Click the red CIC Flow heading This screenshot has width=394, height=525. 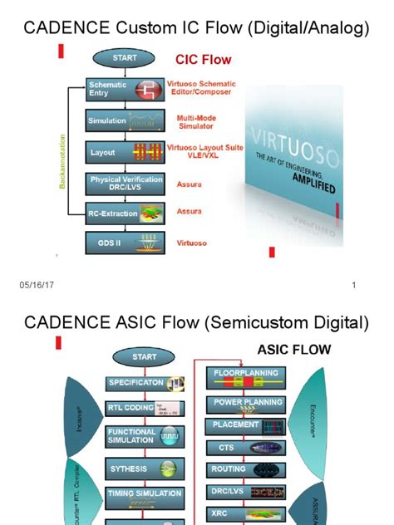203,61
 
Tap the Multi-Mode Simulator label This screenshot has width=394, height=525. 198,123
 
